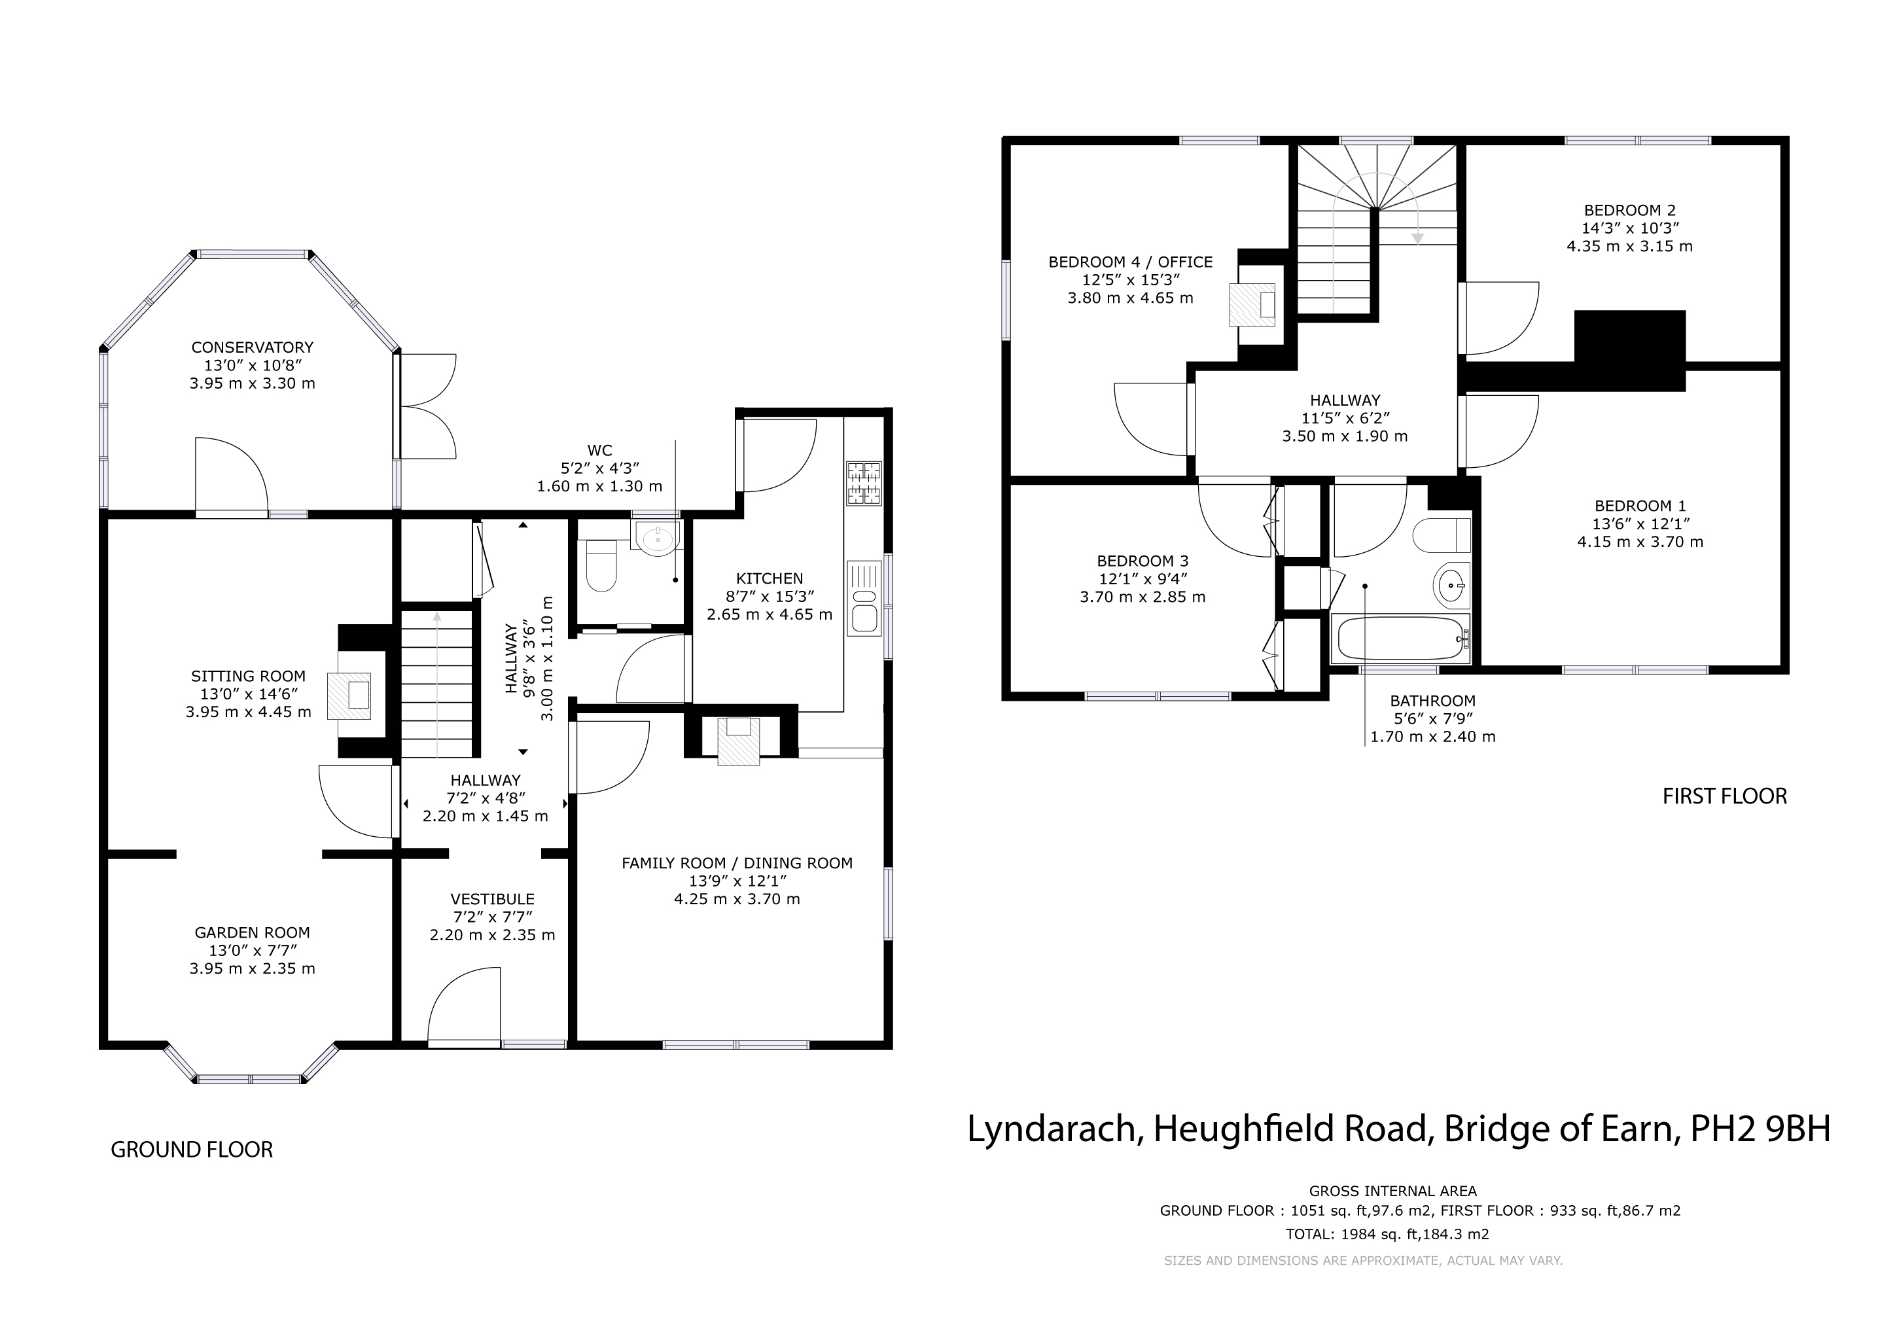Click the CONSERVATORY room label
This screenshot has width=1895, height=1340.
click(x=253, y=347)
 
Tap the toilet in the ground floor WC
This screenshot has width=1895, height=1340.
click(x=601, y=565)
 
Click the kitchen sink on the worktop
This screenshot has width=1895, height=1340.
click(x=865, y=598)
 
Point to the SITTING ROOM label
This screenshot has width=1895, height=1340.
click(x=249, y=677)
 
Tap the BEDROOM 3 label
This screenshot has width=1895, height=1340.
click(x=1142, y=561)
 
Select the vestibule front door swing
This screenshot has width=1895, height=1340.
click(x=465, y=1007)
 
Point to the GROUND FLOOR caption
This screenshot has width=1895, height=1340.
click(x=192, y=1150)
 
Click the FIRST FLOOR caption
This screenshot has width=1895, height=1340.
click(x=1725, y=796)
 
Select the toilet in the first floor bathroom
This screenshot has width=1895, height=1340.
click(x=1442, y=535)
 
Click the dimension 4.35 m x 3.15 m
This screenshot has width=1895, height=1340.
click(x=1629, y=246)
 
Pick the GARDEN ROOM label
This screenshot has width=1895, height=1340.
click(x=253, y=933)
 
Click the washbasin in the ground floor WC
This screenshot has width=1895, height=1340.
click(x=657, y=538)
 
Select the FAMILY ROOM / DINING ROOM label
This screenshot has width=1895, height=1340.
click(x=737, y=863)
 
